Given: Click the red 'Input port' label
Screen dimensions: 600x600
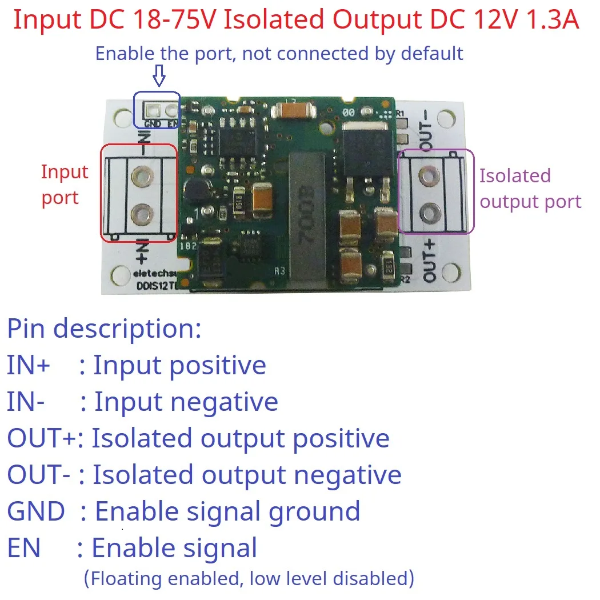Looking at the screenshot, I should click(63, 185).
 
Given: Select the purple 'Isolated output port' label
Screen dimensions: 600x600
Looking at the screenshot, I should click(529, 189).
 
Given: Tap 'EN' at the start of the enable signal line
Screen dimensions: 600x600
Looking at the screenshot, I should click(23, 548).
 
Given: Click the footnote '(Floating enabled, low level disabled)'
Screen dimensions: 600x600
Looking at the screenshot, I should click(249, 578).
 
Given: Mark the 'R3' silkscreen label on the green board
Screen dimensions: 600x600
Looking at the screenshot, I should click(279, 272).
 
